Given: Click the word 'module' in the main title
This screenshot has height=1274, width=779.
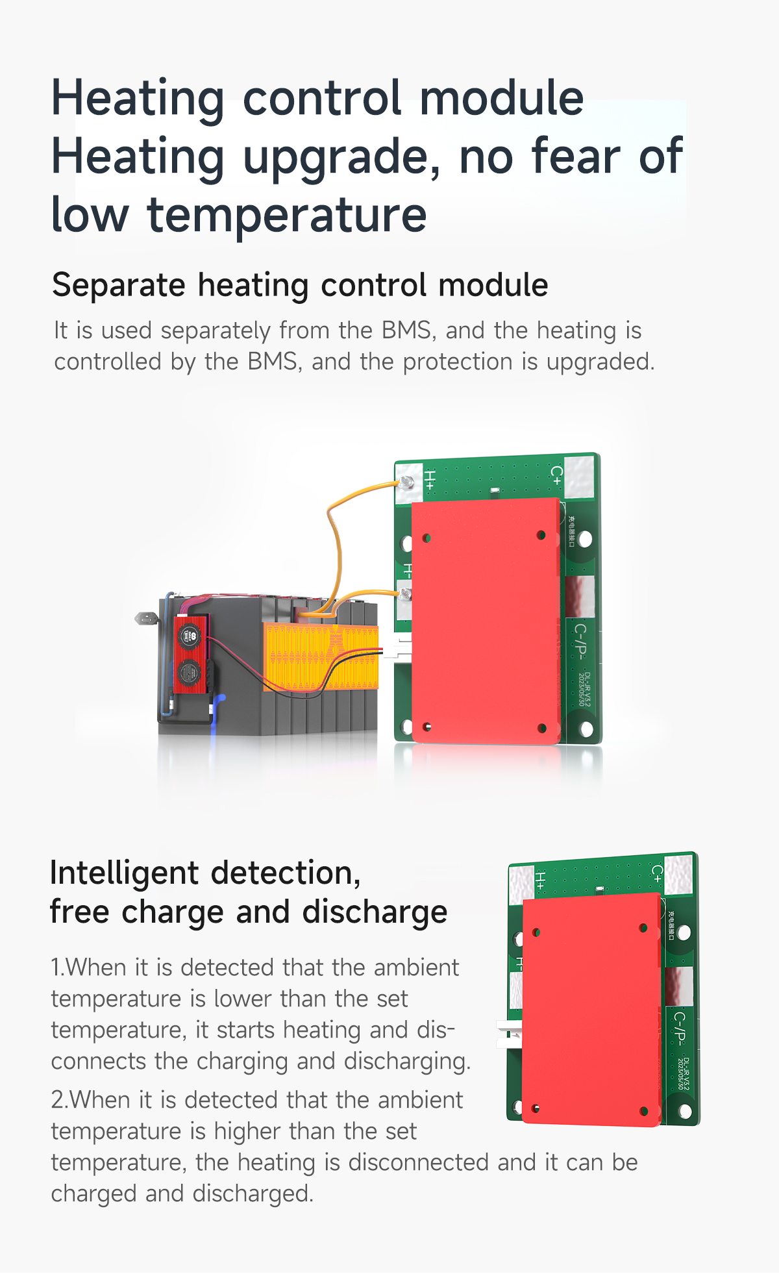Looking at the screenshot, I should [502, 99].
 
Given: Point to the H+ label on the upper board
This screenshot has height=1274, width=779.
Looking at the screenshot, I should [430, 479].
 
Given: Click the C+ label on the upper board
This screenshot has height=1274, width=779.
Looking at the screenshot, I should [556, 474].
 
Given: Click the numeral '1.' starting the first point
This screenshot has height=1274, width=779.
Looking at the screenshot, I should [58, 968].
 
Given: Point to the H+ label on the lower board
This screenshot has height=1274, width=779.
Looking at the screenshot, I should [540, 881].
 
